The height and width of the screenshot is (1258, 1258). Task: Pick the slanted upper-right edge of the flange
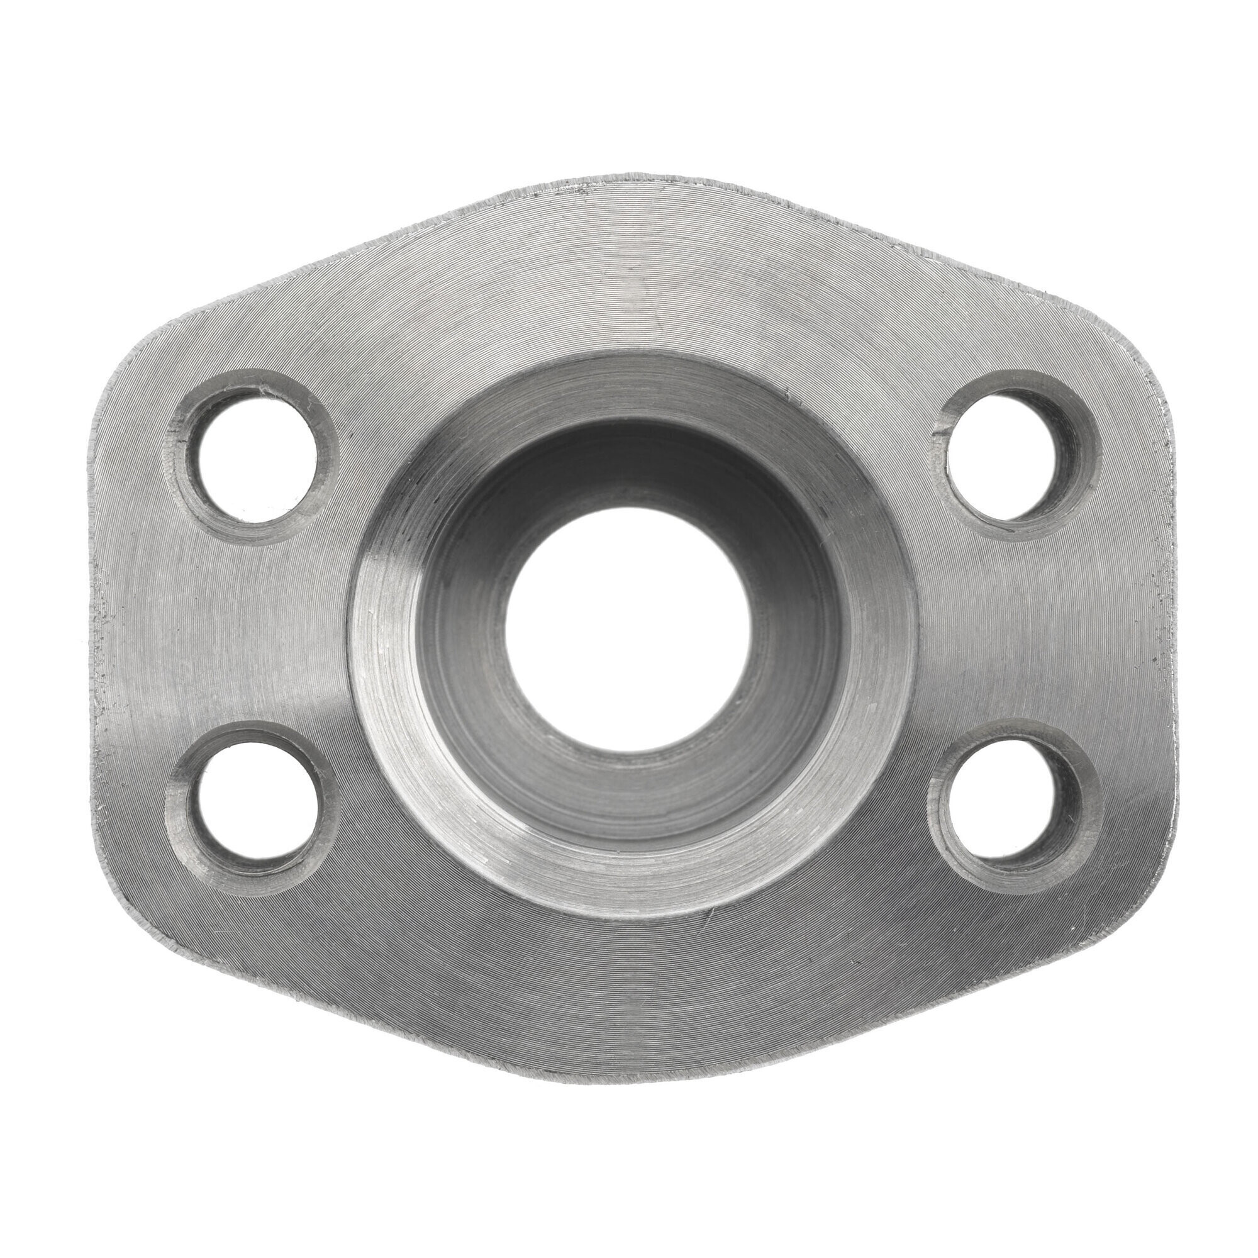(944, 260)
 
